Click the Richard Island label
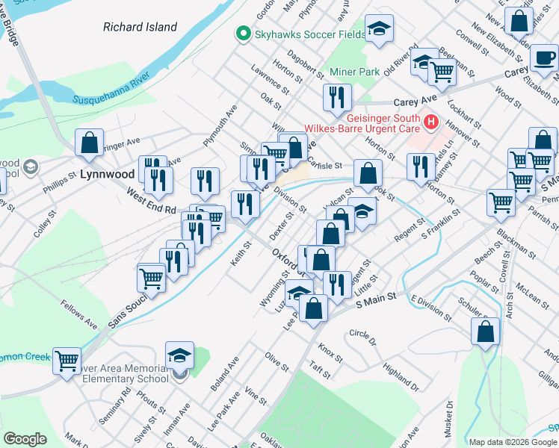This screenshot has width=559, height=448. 140,28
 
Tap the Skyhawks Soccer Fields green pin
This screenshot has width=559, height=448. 242,34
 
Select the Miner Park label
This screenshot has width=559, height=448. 355,72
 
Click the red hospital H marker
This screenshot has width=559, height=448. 431,121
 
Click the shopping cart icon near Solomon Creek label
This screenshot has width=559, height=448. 67,361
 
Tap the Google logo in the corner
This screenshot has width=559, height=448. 25,439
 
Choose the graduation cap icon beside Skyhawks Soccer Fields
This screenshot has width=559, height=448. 379,30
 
